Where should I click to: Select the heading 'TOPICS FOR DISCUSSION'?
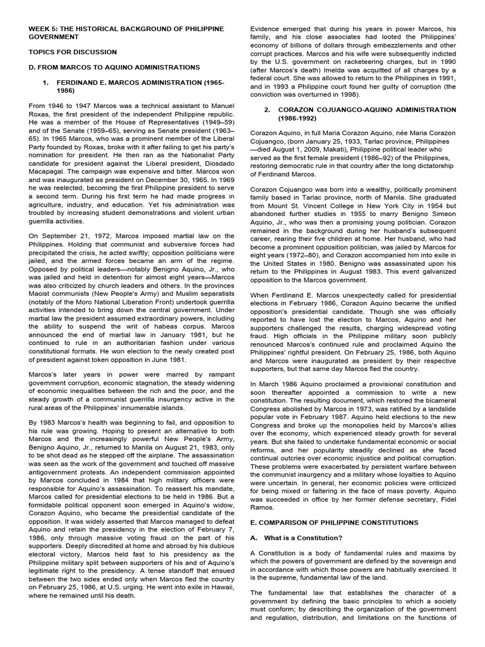[x=73, y=52]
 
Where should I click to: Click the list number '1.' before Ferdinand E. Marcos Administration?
[x=45, y=83]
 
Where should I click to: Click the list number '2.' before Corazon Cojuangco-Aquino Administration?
[x=268, y=109]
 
